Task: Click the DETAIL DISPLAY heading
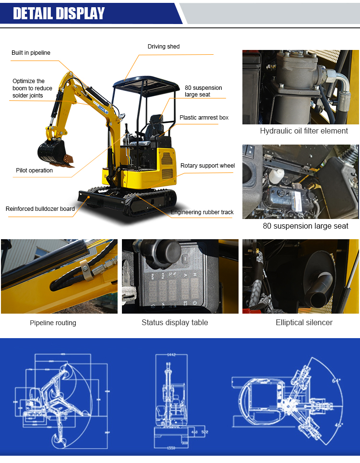pos(59,13)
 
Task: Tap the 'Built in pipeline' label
pos(31,53)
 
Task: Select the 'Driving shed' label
pos(163,47)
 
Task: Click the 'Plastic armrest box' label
pos(204,118)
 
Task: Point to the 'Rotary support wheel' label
pos(207,166)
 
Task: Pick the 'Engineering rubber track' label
pos(202,212)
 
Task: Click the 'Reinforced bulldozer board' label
pos(40,209)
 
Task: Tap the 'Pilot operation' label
pos(34,171)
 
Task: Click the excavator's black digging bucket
pos(52,151)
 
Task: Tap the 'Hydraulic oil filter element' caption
pos(304,131)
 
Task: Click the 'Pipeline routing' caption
pos(53,323)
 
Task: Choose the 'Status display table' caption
pos(175,323)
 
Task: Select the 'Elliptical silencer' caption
pos(304,323)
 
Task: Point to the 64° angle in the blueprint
pos(336,380)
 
